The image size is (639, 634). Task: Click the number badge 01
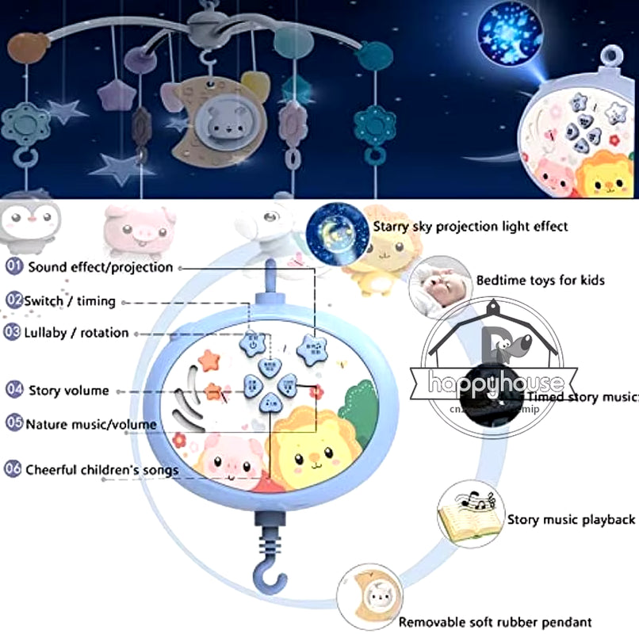[x=13, y=267]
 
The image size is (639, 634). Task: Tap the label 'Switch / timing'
[x=70, y=301]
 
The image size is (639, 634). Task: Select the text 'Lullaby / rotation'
[x=76, y=333]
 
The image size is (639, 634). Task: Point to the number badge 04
[x=13, y=390]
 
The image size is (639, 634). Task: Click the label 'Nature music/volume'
[x=90, y=424]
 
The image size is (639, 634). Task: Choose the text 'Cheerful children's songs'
[x=102, y=470]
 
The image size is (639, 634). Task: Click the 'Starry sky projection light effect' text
[x=471, y=227]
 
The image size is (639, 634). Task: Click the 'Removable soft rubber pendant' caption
[x=495, y=623]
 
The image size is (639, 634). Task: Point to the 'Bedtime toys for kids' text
[x=541, y=281]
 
